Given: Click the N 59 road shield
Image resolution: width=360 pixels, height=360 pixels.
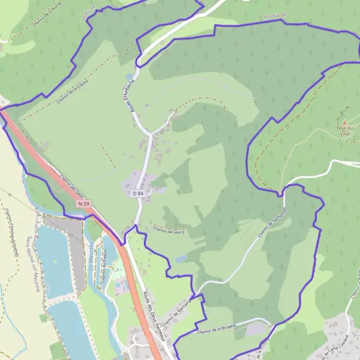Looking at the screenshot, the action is [83, 204].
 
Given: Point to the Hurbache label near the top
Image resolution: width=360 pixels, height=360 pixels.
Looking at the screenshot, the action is [274, 17].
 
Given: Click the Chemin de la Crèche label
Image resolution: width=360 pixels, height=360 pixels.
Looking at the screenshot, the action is [73, 92].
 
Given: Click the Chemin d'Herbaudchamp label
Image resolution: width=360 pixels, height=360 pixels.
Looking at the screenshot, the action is [11, 230].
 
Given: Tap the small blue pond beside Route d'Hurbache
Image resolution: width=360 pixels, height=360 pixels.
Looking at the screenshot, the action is [129, 77].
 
